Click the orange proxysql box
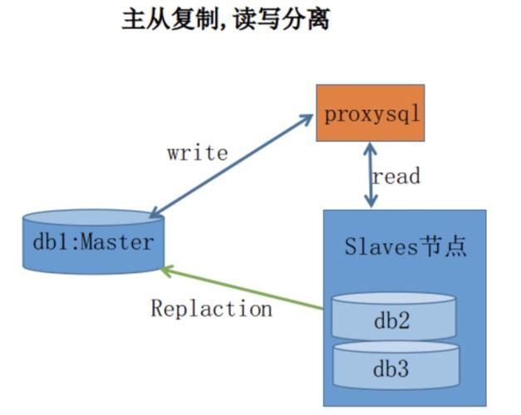[369, 112]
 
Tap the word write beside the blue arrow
[197, 153]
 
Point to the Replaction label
[211, 309]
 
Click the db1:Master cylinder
[93, 242]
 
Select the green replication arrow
[241, 288]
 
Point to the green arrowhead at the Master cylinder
[166, 270]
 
